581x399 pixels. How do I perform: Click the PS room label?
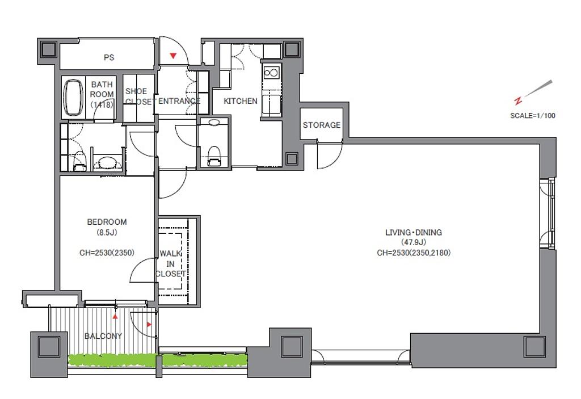(x=109, y=57)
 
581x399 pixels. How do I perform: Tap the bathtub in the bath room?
(x=73, y=97)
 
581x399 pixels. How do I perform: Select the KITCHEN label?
(x=241, y=101)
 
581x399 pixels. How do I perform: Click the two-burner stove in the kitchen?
(x=271, y=73)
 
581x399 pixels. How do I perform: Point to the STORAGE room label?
(x=322, y=125)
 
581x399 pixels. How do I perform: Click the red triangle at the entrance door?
(x=173, y=56)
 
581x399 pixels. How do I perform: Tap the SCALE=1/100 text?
(x=533, y=116)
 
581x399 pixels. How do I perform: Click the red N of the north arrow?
(x=518, y=100)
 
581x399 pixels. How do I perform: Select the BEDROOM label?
(x=107, y=222)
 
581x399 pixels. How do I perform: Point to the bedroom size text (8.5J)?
(x=107, y=233)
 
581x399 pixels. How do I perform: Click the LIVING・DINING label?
(x=414, y=233)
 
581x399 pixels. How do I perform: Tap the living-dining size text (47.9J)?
(x=414, y=242)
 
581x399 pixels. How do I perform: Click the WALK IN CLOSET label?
(x=170, y=264)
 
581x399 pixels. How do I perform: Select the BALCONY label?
(x=103, y=336)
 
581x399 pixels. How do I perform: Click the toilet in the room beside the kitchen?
(x=214, y=156)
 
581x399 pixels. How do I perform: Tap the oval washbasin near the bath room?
(x=107, y=162)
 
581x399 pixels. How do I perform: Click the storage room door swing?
(x=330, y=155)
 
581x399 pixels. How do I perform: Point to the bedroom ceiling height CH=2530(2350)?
(x=107, y=253)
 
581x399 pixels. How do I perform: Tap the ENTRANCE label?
(x=179, y=101)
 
